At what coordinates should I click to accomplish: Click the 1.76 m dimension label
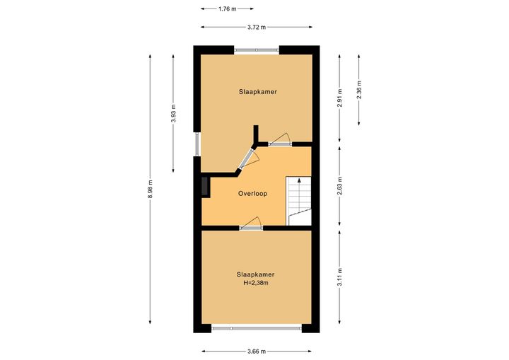coord(227,9)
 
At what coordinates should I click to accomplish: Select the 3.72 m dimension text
coord(257,28)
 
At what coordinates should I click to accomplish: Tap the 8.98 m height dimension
coord(150,189)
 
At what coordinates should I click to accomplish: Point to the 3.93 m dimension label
coord(173,113)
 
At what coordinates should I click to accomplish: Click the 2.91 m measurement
coord(339,98)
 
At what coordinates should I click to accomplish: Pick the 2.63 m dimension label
coord(339,186)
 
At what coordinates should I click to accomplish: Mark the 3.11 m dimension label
coord(339,277)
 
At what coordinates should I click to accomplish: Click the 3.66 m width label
coord(257,352)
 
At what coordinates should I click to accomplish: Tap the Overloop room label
coord(252,194)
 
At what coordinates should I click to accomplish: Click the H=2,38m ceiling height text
coord(256,283)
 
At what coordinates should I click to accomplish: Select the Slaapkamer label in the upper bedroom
coord(258,92)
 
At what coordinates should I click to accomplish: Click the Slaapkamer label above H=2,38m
coord(255,274)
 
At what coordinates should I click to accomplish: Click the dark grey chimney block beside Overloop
coord(206,187)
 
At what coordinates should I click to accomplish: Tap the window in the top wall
coord(257,50)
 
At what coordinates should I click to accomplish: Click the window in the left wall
coord(197,144)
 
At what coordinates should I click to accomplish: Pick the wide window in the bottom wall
coord(257,328)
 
